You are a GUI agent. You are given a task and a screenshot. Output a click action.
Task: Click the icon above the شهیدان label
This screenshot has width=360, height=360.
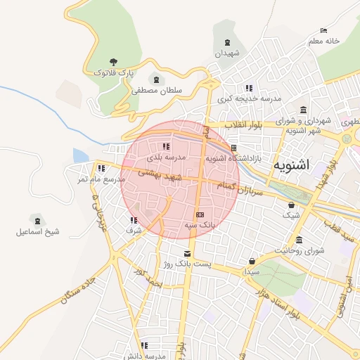226,44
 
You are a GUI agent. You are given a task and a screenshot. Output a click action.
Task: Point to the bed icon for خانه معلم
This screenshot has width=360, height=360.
323,31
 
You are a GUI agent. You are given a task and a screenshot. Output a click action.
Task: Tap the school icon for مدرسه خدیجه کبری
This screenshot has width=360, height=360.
249,88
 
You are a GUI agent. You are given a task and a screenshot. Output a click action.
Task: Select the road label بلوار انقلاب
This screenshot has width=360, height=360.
243,124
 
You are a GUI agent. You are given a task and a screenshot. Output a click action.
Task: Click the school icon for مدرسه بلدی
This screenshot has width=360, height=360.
166,146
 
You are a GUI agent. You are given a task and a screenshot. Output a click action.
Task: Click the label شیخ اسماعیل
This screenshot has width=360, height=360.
35,231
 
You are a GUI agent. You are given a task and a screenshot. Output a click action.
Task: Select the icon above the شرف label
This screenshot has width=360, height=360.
134,220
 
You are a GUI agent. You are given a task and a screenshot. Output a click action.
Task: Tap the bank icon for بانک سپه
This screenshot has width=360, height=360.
200,214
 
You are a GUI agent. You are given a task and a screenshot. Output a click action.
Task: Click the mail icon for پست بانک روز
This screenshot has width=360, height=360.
186,254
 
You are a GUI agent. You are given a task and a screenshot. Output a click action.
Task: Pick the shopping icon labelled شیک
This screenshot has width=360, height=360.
291,205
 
